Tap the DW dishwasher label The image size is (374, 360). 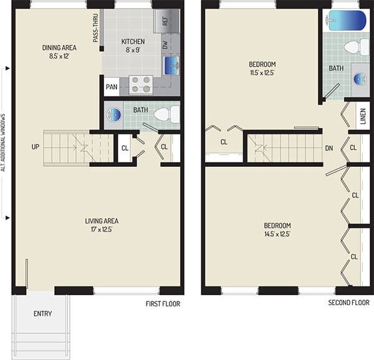(x=166, y=45)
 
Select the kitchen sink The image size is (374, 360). (x=171, y=64)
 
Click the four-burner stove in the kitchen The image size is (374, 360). (x=140, y=84)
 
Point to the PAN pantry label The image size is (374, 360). (x=112, y=87)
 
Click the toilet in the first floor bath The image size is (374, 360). (x=165, y=115)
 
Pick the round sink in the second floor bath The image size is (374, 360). (x=360, y=78)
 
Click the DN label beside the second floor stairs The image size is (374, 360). (x=329, y=148)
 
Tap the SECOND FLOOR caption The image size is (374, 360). (x=350, y=303)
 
